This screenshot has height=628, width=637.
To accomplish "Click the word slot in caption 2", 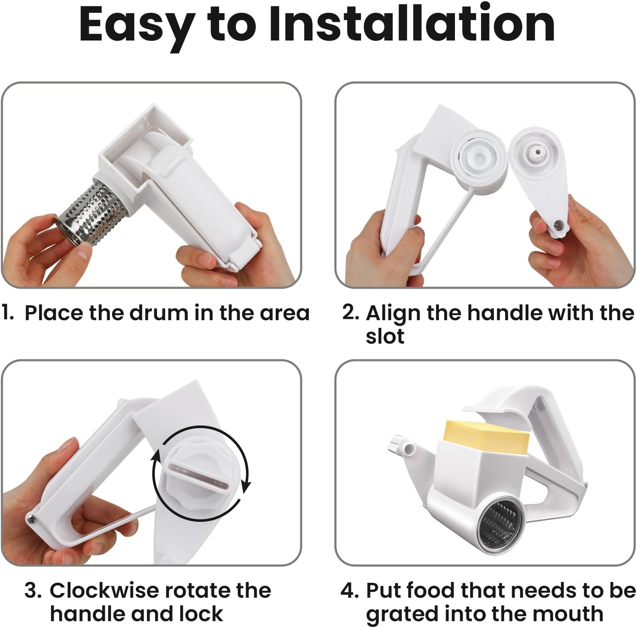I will point(385,336).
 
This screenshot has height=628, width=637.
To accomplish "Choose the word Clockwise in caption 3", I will point(105,591).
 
